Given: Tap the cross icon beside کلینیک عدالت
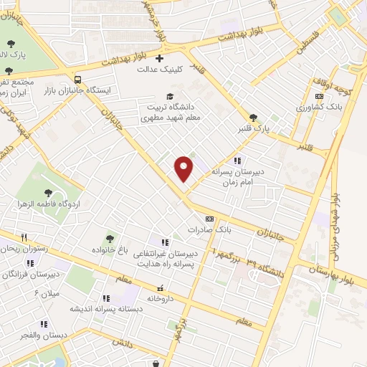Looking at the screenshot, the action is pyautogui.click(x=159, y=58).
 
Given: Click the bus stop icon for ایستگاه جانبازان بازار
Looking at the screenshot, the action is pyautogui.click(x=77, y=80).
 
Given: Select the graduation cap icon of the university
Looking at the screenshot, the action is pyautogui.click(x=170, y=96).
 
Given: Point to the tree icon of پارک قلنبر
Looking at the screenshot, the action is pyautogui.click(x=252, y=118).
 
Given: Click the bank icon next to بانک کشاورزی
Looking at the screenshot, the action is pyautogui.click(x=319, y=95).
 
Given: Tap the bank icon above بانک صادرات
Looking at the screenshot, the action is pyautogui.click(x=209, y=219).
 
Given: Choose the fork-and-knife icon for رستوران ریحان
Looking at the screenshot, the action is pyautogui.click(x=24, y=237).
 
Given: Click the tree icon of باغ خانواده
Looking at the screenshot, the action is pyautogui.click(x=110, y=239).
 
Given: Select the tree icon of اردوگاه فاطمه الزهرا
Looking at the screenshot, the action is pyautogui.click(x=47, y=192).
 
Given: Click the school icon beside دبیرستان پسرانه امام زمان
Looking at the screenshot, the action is pyautogui.click(x=237, y=161).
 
